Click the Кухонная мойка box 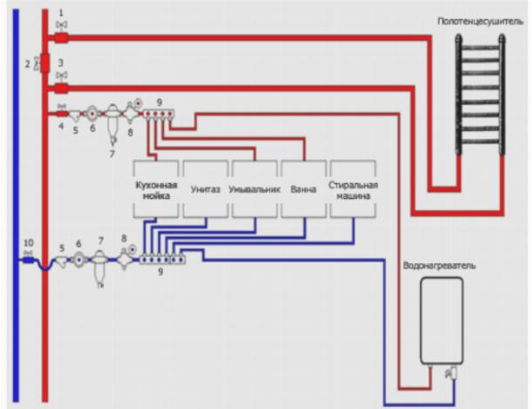[x=156, y=190]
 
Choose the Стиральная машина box [x=351, y=190]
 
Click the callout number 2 [x=27, y=65]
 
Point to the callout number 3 [x=61, y=65]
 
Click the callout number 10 [x=28, y=242]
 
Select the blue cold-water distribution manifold [x=161, y=258]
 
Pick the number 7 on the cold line [x=100, y=240]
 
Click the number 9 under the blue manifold [x=159, y=272]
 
